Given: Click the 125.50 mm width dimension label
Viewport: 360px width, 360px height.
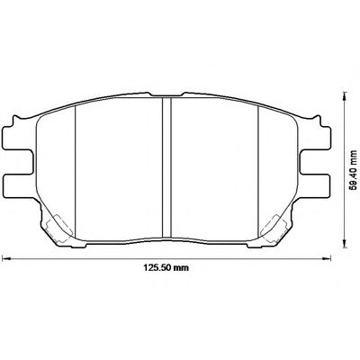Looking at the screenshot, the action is pos(166,267).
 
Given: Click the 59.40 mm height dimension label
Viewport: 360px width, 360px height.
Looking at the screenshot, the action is pos(355,169).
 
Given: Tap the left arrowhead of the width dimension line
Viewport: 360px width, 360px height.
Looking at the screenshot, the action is pos(6,257).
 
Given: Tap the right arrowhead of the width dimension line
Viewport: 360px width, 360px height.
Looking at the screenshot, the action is pos(327,257).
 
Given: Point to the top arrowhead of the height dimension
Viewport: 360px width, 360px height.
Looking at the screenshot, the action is pos(346,97).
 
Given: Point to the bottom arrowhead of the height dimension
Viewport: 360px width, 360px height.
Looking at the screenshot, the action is pos(346,244).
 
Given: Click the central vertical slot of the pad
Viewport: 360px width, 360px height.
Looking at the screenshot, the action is pos(166,168).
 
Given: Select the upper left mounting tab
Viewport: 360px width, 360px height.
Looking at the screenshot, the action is pos(17,138).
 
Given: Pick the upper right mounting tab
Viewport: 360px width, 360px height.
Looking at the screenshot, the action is pos(316,138).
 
